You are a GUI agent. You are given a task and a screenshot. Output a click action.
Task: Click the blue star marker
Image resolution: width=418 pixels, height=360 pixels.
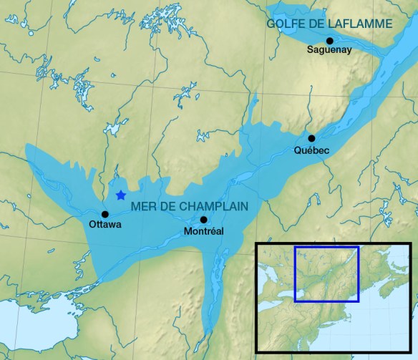click(120, 195)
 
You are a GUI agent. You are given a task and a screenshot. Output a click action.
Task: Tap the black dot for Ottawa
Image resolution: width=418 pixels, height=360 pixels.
click(105, 214)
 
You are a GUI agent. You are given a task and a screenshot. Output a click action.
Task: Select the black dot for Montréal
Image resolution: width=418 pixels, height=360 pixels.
click(203, 220)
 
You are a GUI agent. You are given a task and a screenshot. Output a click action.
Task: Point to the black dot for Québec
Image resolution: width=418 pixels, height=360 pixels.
click(311, 138)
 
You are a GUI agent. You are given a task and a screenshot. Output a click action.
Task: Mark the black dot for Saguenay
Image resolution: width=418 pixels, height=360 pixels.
click(329, 40)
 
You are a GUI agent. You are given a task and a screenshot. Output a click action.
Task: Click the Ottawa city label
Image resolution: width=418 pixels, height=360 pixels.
click(105, 225)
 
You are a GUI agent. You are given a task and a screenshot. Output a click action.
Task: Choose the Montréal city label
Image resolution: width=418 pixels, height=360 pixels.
click(204, 231)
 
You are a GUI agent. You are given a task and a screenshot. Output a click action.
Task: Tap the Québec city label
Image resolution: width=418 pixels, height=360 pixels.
click(311, 150)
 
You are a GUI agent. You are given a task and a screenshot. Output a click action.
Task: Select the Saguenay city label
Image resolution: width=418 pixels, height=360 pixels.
click(329, 50)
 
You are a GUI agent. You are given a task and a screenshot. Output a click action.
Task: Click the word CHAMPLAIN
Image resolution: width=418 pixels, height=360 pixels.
click(213, 206)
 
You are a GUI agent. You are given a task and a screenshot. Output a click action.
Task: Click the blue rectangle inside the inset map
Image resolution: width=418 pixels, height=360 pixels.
click(326, 247)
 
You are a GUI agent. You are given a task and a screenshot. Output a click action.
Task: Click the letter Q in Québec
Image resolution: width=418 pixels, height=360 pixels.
click(298, 150)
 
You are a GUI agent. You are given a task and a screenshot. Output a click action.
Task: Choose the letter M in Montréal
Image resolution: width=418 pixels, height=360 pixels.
click(188, 231)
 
